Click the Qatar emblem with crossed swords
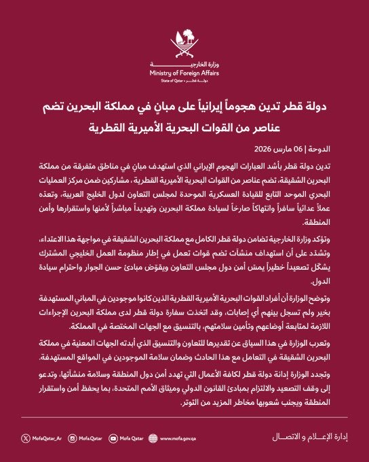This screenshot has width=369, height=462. click(x=184, y=41)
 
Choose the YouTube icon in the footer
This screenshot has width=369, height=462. click(x=113, y=438)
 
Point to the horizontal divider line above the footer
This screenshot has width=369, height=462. click(x=184, y=418)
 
